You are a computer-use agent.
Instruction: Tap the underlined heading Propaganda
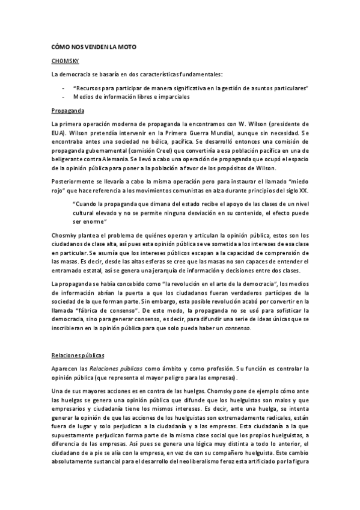click(x=68, y=111)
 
